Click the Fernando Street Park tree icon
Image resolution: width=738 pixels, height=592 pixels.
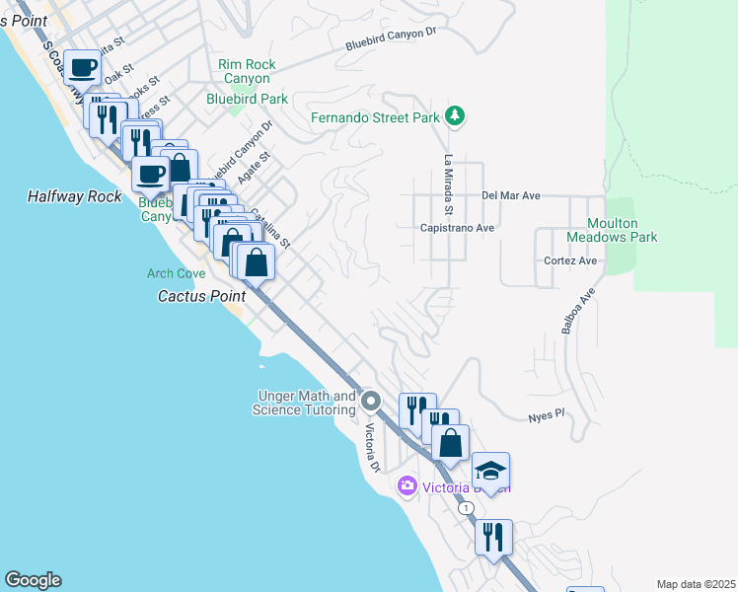point(454,116)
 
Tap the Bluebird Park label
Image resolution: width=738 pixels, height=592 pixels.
point(247,99)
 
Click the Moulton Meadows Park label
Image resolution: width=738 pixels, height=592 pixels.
point(612,231)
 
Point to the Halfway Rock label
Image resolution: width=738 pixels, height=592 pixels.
point(74,197)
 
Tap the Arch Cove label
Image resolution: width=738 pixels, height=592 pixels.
point(176,273)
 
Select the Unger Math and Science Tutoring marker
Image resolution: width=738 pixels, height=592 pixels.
point(371,401)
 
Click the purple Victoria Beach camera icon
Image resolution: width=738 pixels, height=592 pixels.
point(406,486)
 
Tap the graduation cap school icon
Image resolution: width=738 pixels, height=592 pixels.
point(490,469)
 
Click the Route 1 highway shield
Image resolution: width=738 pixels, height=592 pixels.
point(466,507)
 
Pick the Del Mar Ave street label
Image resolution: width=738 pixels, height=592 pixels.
point(511,195)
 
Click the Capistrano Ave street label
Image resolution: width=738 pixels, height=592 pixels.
point(458,227)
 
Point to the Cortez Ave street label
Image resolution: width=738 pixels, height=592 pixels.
point(570,260)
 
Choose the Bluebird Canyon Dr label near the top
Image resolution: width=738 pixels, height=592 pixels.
point(390,39)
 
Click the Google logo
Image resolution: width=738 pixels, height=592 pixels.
point(33,580)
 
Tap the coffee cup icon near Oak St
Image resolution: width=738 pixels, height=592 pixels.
point(84,67)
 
